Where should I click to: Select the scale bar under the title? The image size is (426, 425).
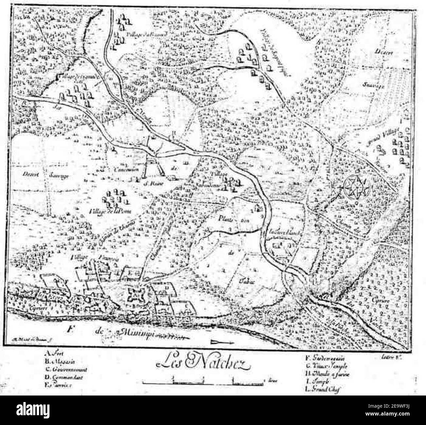point(203,381)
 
